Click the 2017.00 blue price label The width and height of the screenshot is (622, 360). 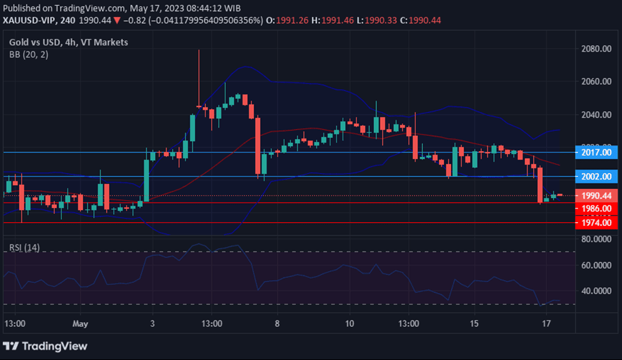pos(596,153)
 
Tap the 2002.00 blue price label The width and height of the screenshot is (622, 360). pos(596,176)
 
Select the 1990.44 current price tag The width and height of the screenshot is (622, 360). pos(596,195)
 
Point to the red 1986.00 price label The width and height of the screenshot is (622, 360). pos(596,208)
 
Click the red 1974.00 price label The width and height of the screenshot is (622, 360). pos(596,223)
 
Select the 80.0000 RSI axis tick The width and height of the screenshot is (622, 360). pos(596,239)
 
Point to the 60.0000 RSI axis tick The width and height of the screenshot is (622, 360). pos(596,265)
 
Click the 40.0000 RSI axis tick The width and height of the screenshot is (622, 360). pos(596,291)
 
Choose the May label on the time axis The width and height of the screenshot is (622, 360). pos(80,324)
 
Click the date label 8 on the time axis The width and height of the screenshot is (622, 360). pos(277,324)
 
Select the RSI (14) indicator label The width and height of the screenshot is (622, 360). pos(24,247)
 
